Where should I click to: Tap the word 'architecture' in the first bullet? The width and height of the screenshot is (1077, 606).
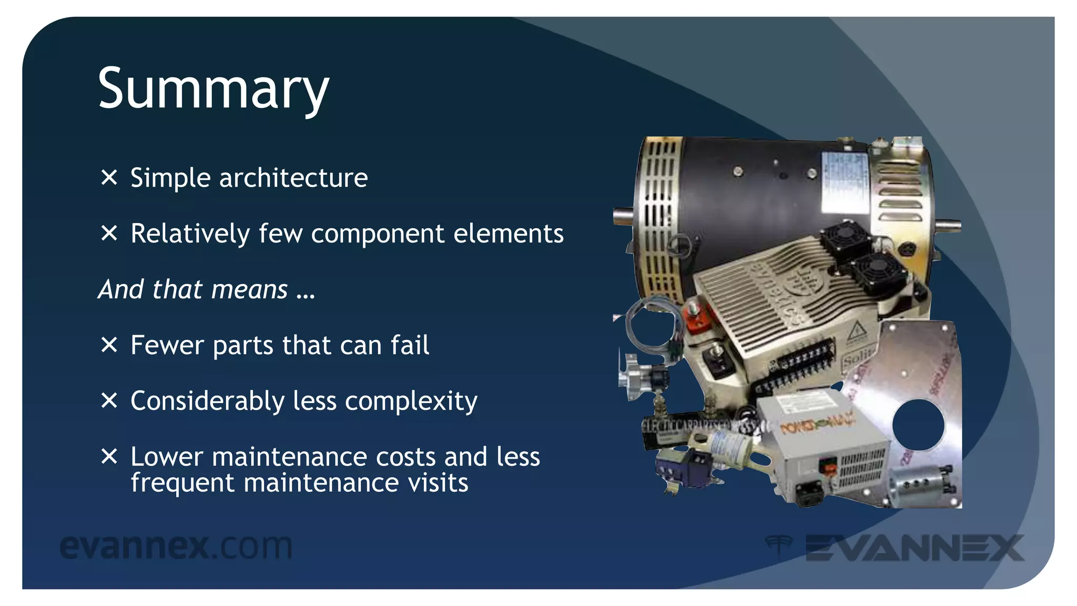[x=293, y=178]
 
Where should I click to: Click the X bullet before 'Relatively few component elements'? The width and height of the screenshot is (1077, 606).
[x=109, y=233]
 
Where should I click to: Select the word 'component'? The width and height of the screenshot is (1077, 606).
[x=377, y=234]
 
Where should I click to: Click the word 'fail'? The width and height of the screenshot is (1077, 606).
[x=410, y=345]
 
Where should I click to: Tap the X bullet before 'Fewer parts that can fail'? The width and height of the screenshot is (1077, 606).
[x=109, y=345]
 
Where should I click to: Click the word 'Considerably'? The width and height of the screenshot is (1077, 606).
[x=207, y=402]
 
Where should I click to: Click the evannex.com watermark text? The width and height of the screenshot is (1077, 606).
[x=176, y=547]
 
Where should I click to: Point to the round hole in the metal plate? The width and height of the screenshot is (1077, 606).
[x=918, y=425]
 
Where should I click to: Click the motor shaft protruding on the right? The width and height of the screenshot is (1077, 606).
[x=947, y=226]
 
